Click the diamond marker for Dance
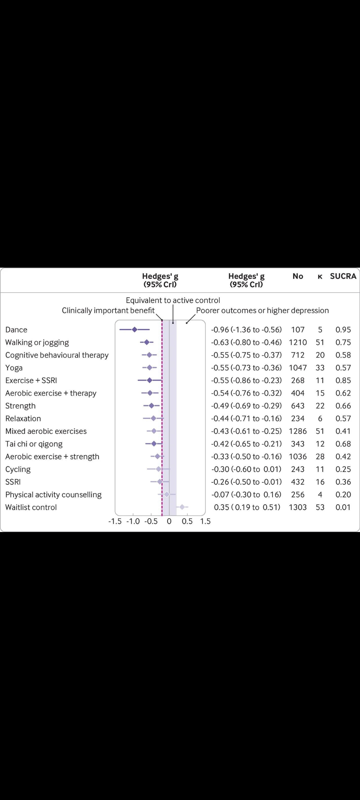pyautogui.click(x=135, y=330)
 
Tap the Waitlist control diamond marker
pyautogui.click(x=182, y=507)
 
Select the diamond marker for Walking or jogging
pyautogui.click(x=147, y=342)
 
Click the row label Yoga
pyautogui.click(x=14, y=368)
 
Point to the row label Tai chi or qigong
pyautogui.click(x=34, y=444)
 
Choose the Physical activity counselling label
pyautogui.click(x=53, y=494)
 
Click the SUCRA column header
pyautogui.click(x=343, y=276)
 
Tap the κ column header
pyautogui.click(x=320, y=276)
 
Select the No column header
pyautogui.click(x=298, y=276)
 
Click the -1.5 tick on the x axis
pyautogui.click(x=115, y=521)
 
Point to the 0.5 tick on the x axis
pyautogui.click(x=187, y=521)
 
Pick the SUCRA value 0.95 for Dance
pyautogui.click(x=343, y=330)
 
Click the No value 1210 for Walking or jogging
pyautogui.click(x=298, y=342)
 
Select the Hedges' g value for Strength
pyautogui.click(x=246, y=406)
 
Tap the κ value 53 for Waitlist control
pyautogui.click(x=320, y=507)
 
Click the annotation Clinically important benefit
pyautogui.click(x=108, y=310)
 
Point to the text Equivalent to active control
pyautogui.click(x=173, y=300)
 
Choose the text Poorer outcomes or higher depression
pyautogui.click(x=262, y=310)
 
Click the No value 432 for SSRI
pyautogui.click(x=298, y=482)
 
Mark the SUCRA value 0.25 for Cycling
pyautogui.click(x=343, y=469)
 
